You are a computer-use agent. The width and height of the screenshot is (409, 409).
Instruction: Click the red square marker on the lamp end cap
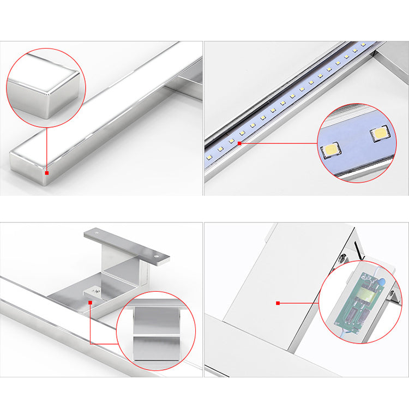click(x=47, y=173)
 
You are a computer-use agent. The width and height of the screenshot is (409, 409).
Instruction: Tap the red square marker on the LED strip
click(x=239, y=143)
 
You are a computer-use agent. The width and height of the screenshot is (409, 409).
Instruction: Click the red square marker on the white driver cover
click(x=278, y=303)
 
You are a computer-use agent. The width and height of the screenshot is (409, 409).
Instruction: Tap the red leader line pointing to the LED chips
click(x=278, y=144)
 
